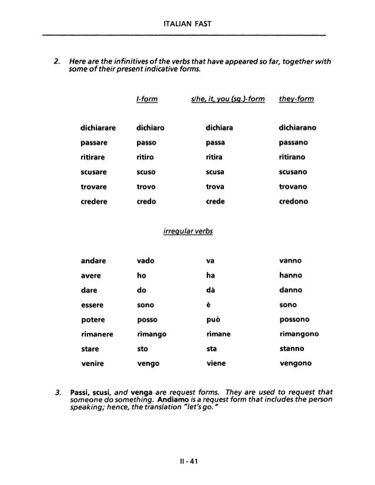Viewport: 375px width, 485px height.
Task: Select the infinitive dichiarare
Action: tap(97, 127)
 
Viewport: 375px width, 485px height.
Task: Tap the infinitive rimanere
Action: tap(98, 334)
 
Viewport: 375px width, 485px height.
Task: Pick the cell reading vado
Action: tap(145, 260)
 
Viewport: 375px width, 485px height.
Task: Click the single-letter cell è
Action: tap(209, 304)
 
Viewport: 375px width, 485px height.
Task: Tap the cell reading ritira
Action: tap(214, 157)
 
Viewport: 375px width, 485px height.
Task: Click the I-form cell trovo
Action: tap(145, 186)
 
